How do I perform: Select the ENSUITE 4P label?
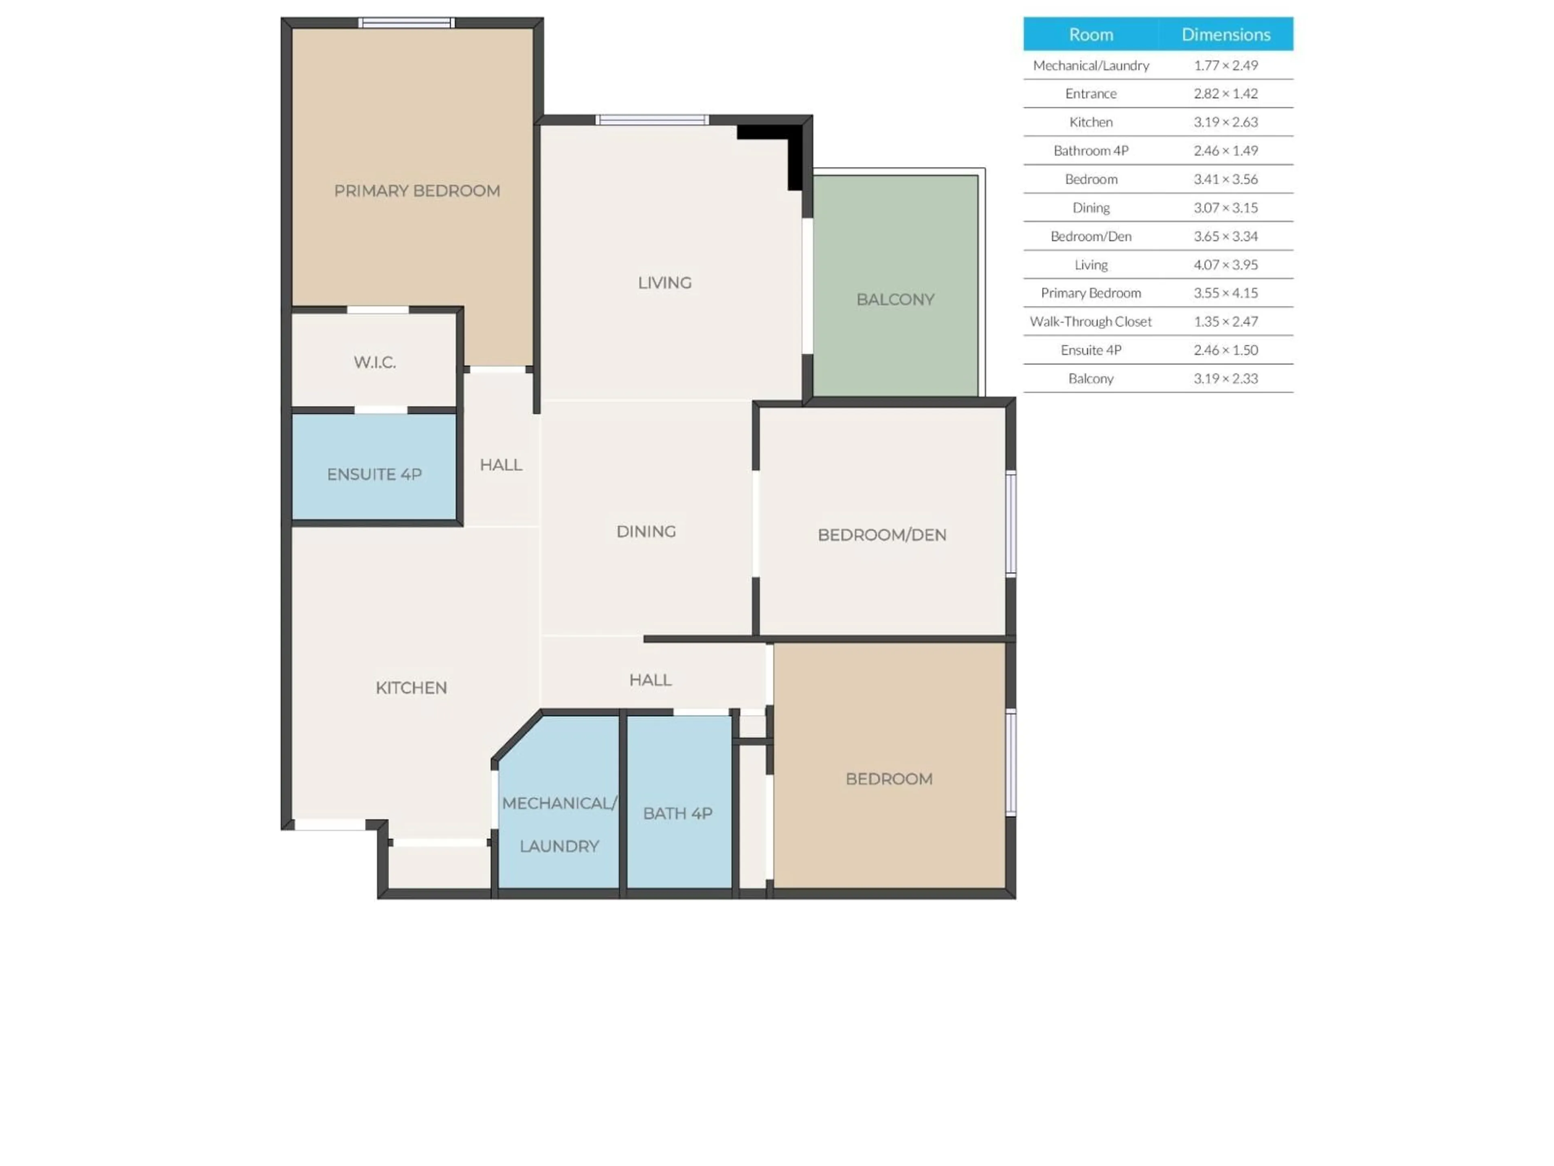pos(374,474)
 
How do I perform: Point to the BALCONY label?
pos(895,300)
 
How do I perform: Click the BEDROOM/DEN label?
pos(882,535)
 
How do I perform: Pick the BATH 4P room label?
pos(678,813)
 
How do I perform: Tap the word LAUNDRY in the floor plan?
pos(559,846)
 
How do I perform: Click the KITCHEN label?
pos(411,688)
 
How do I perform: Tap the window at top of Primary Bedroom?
pos(407,23)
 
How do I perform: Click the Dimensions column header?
pos(1225,34)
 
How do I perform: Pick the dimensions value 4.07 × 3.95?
pos(1225,265)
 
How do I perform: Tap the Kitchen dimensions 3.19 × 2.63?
pos(1225,122)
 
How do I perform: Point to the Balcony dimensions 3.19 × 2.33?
pos(1225,379)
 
